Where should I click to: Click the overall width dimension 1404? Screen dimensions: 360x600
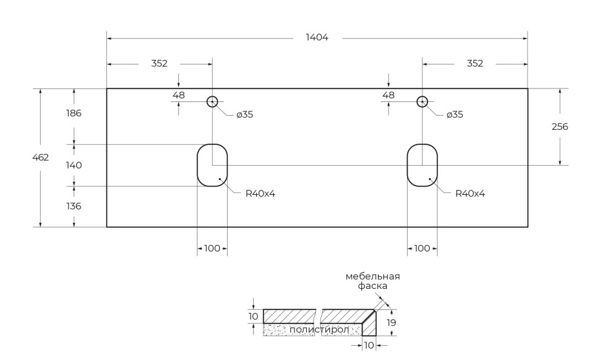point(317,38)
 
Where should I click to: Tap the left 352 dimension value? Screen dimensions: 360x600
point(159,63)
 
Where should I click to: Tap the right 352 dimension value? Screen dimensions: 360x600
point(475,63)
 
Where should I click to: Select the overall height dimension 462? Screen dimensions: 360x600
point(41,158)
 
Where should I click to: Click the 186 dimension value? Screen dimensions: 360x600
point(74,113)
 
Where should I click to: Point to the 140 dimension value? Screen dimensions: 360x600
point(74,165)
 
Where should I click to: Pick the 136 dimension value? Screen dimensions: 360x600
point(74,206)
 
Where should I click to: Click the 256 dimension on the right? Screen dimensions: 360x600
point(559,127)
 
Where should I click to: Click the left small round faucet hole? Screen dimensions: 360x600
point(212,101)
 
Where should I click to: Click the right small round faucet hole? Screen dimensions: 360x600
point(422,101)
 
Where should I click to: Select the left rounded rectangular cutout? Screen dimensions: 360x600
point(212,165)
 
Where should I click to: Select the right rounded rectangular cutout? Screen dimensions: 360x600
point(422,165)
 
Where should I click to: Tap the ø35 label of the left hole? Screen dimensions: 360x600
point(245,114)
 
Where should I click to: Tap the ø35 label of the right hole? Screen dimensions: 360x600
point(455,114)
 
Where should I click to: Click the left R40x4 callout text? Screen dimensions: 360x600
point(260,194)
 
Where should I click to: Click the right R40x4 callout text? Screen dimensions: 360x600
point(470,194)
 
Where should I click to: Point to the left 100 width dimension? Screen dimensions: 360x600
point(212,248)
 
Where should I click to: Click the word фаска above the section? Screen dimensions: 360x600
point(373,286)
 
